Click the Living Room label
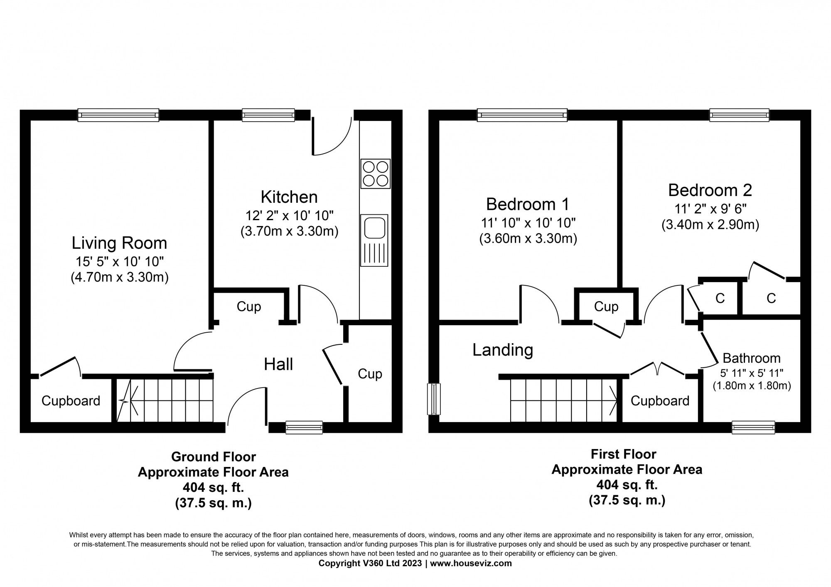(x=119, y=243)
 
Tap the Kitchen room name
(x=289, y=197)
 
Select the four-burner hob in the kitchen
(x=376, y=173)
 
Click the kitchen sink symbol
(x=374, y=240)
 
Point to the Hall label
(x=278, y=364)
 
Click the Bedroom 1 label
(x=528, y=204)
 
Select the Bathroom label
(x=752, y=358)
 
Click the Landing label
(x=503, y=350)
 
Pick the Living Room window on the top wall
(x=118, y=115)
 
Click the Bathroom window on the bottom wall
(x=753, y=427)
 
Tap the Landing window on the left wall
(x=434, y=399)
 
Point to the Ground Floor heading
(x=214, y=457)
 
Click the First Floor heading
(x=624, y=454)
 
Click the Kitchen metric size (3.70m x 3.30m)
(x=289, y=231)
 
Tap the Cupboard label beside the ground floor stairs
(x=71, y=401)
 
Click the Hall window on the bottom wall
(x=304, y=427)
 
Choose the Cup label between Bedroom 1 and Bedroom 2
(x=606, y=307)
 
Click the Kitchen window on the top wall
(x=268, y=115)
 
